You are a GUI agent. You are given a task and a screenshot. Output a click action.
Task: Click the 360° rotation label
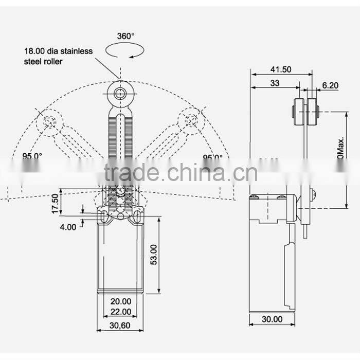point(125,36)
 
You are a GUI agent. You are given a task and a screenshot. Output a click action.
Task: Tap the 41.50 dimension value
point(280,69)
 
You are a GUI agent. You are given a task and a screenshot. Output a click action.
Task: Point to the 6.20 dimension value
point(330,86)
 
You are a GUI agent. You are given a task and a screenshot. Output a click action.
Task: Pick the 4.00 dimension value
point(68,226)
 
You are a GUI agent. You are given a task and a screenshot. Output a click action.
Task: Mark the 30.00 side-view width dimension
point(271,319)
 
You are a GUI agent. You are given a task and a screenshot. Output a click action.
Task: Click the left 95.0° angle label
point(32,157)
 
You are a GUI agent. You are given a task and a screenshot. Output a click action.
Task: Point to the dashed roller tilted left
point(50,122)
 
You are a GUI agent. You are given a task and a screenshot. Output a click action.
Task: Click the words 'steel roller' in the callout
point(43,62)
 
